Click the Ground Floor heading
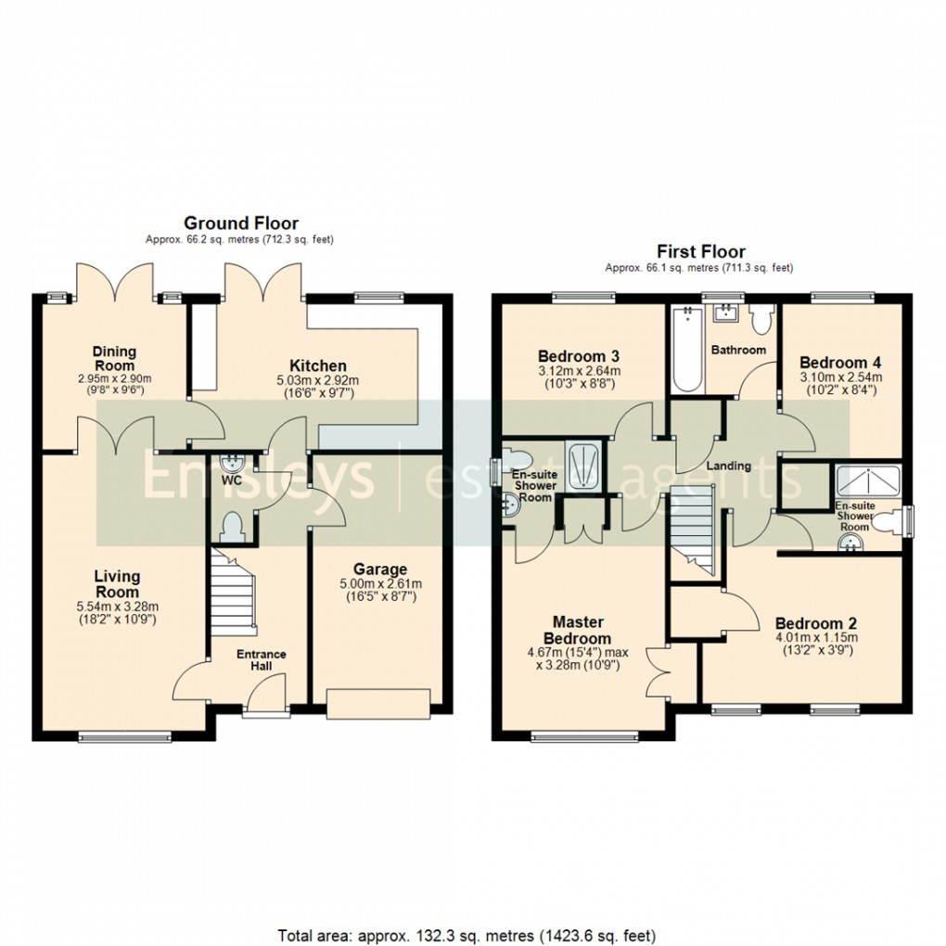coord(240,223)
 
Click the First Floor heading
coord(700,251)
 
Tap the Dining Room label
coord(114,357)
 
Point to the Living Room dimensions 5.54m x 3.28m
coord(117,607)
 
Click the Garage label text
coord(379,569)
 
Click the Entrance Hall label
coord(261,660)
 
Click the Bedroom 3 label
coord(580,356)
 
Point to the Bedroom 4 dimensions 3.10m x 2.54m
coord(840,377)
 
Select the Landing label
coord(728,466)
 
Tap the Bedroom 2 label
coord(816,623)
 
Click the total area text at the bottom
coord(467,934)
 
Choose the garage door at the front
coord(378,704)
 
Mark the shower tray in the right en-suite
coord(868,479)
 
